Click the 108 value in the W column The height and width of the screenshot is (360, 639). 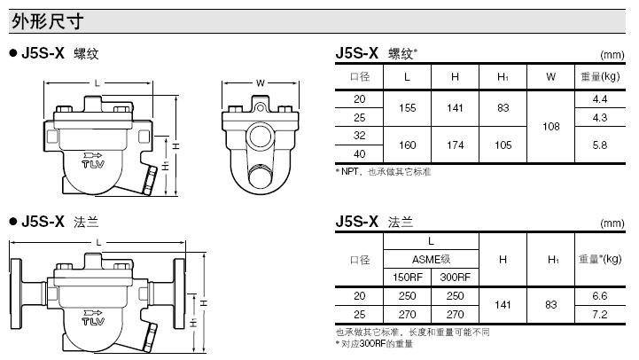click(x=551, y=127)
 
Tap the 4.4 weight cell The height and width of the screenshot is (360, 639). click(x=600, y=98)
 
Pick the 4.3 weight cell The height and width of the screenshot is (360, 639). click(x=600, y=117)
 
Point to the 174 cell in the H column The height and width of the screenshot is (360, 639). click(x=455, y=144)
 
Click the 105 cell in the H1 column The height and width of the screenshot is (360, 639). click(x=503, y=144)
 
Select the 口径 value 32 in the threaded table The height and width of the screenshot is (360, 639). click(x=359, y=136)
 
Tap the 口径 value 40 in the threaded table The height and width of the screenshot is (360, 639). click(x=359, y=153)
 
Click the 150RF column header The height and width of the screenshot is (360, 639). click(x=407, y=276)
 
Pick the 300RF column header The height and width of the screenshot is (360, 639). click(x=455, y=276)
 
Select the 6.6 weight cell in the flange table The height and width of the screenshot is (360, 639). click(x=600, y=294)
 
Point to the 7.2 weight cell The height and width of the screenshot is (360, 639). click(x=600, y=313)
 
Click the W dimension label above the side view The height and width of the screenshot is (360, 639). click(x=261, y=83)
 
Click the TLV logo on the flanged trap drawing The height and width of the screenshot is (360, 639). click(x=93, y=316)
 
